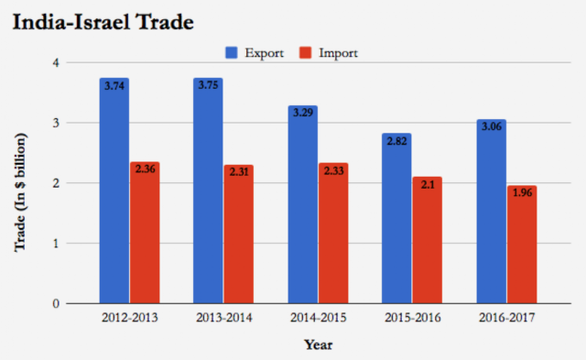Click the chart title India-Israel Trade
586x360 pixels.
point(103,22)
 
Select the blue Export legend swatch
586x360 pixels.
point(232,53)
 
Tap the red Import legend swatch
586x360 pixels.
point(305,53)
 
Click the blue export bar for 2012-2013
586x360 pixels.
point(114,191)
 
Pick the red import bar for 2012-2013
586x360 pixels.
point(145,233)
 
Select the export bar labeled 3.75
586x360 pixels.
point(208,191)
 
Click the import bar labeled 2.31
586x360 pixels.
point(239,234)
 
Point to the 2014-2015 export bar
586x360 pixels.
point(303,204)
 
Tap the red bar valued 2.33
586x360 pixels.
point(333,234)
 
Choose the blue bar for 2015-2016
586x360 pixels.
point(396,218)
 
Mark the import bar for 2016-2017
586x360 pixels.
point(522,245)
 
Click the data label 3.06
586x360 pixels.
point(492,126)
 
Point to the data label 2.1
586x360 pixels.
point(428,184)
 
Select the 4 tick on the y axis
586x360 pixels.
point(56,62)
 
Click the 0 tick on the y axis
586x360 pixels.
point(56,303)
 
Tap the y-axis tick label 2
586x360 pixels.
point(56,183)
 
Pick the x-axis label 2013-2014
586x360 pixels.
point(223,318)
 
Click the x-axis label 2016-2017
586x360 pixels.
point(506,318)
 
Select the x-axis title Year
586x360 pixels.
point(318,344)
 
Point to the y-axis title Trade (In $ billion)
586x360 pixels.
point(20,192)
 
